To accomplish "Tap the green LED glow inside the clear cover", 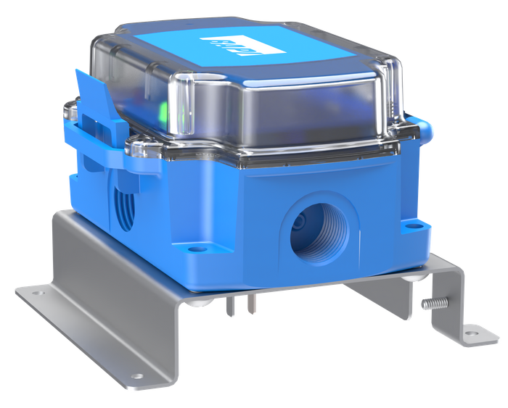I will [x=163, y=111].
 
